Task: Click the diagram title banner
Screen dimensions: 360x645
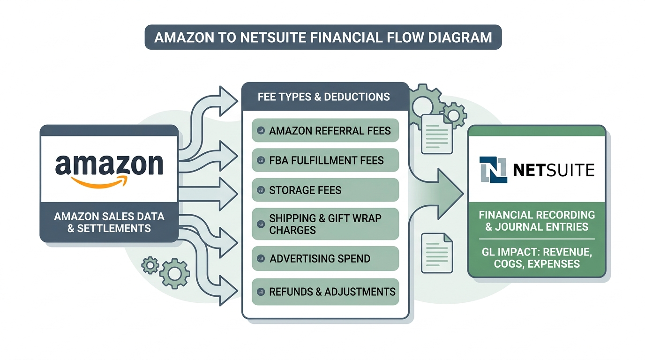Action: coord(323,37)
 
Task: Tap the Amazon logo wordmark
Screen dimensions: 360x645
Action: coord(109,165)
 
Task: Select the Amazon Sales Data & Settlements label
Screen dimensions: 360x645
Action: coord(109,222)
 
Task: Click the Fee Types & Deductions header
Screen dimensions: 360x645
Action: coord(323,97)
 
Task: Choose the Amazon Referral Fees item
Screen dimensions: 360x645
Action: coord(325,131)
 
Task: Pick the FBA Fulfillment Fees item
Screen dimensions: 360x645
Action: coord(325,160)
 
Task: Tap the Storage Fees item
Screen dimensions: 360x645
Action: coord(325,190)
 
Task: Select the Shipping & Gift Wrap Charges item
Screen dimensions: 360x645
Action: coord(325,224)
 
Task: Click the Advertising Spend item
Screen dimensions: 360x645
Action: coord(325,258)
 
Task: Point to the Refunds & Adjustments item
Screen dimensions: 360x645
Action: coord(325,292)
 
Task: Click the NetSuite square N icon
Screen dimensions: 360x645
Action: coord(493,170)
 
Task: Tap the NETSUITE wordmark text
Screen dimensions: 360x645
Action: coord(554,170)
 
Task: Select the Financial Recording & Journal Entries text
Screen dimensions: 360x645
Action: coord(537,221)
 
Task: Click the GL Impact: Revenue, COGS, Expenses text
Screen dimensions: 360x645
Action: coord(537,258)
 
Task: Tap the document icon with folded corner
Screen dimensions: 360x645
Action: coord(437,253)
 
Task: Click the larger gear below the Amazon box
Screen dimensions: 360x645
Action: coord(174,273)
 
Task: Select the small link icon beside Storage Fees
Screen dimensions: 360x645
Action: coord(261,191)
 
